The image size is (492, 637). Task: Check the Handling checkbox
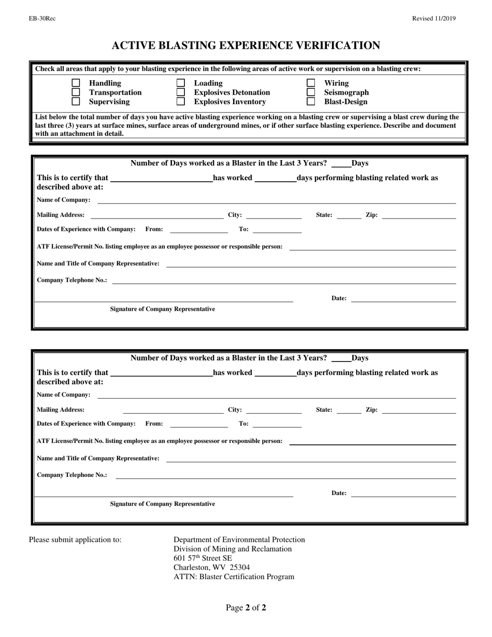point(76,83)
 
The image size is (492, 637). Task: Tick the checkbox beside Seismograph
point(311,92)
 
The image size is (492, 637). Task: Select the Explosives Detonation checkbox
point(181,92)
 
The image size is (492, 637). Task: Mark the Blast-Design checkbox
point(311,102)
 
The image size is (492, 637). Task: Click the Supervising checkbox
point(76,102)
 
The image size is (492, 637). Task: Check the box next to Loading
point(181,83)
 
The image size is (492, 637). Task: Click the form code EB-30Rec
point(42,19)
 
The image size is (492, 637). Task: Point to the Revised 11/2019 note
point(433,19)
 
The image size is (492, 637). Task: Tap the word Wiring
point(336,83)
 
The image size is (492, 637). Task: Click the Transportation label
point(115,92)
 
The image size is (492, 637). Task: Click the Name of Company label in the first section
point(63,200)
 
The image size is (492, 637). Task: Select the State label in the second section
point(324,410)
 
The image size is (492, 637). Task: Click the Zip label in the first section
point(371,215)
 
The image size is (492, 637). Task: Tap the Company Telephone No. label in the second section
point(72,475)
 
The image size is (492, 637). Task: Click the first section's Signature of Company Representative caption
point(162,309)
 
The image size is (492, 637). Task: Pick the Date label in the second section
point(339,493)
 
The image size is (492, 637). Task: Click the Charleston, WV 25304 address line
point(211,568)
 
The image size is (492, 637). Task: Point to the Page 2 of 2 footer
point(245,607)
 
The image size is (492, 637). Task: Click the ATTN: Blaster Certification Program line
point(234,577)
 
